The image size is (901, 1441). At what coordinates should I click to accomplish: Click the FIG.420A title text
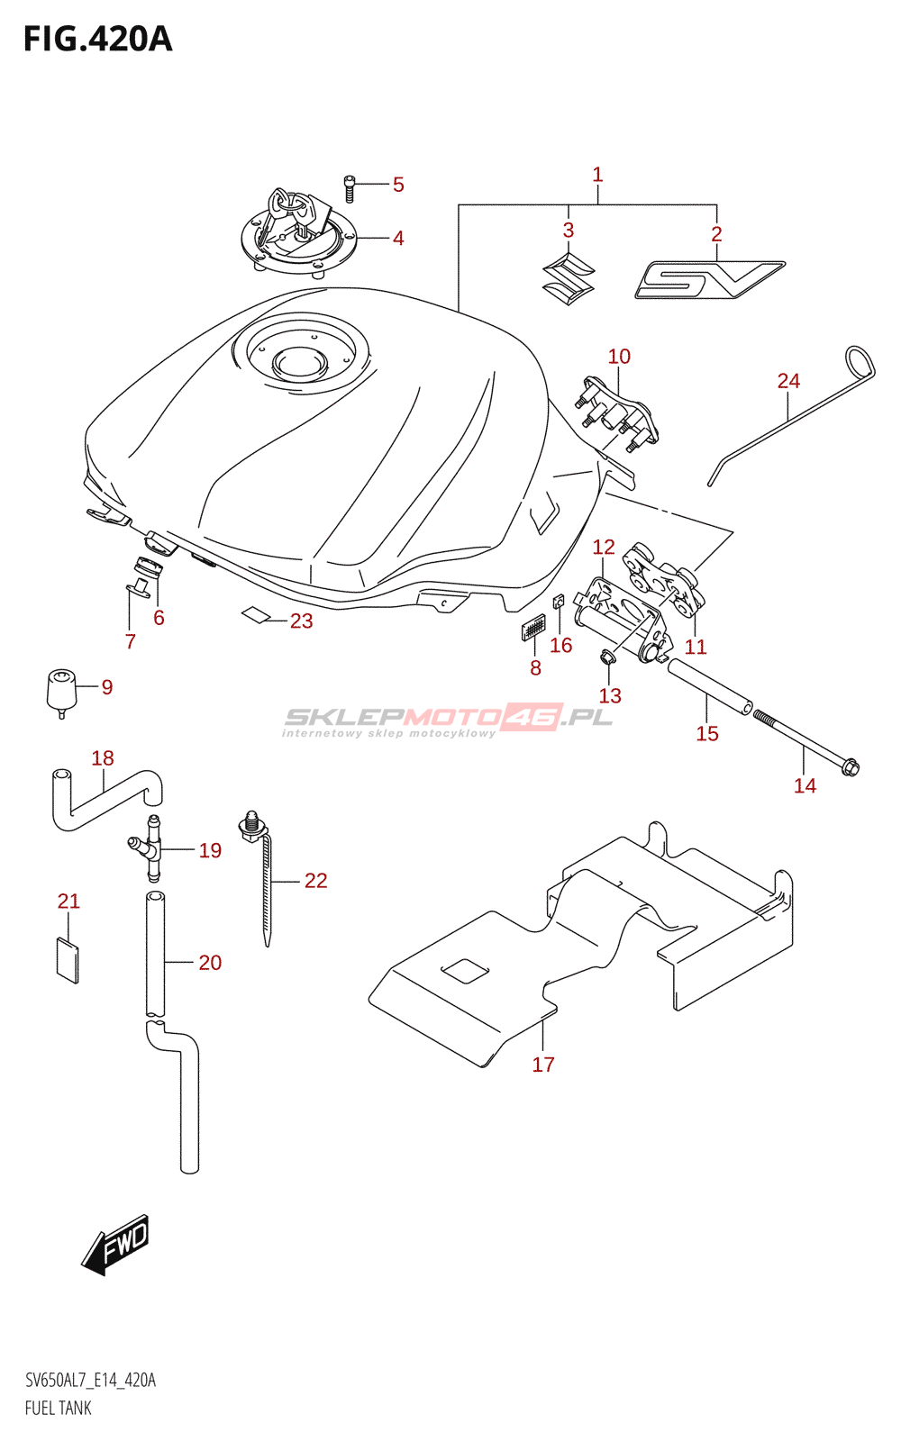[97, 40]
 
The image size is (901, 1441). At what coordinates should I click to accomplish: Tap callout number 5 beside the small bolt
[398, 185]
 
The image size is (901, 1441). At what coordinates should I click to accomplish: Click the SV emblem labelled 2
[709, 279]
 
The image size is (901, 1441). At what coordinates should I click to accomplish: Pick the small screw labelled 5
[350, 188]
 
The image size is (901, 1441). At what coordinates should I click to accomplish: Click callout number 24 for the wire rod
[788, 381]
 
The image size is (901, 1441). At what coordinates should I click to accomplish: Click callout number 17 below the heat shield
[543, 1065]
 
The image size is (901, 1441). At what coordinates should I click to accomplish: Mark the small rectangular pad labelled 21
[68, 960]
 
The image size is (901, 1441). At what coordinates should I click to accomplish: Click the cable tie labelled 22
[267, 887]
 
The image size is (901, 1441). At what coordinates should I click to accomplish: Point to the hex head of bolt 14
[849, 768]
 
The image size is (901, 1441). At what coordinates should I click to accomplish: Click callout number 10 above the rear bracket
[619, 357]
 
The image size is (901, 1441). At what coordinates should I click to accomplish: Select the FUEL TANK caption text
[59, 1408]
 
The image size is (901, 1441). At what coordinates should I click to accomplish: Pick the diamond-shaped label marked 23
[256, 615]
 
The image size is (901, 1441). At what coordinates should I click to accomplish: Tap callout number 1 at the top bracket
[597, 175]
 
